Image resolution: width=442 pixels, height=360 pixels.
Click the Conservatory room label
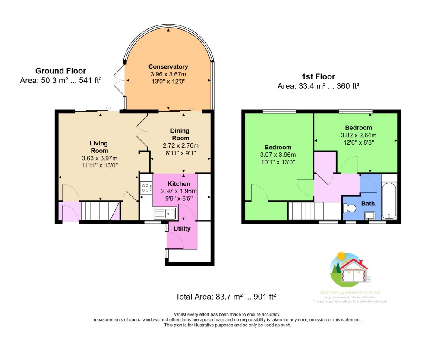[168, 66]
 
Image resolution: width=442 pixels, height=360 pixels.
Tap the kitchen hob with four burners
[146, 188]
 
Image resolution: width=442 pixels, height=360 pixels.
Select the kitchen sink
[164, 212]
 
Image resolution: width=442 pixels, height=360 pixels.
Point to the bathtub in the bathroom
[389, 200]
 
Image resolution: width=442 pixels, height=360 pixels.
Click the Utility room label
[182, 229]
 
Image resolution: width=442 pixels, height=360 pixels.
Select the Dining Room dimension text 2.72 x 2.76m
[180, 145]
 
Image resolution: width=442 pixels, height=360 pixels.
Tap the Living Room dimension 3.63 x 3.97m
[99, 158]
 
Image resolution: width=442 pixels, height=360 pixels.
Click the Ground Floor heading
[60, 71]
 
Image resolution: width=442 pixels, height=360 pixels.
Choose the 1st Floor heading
[318, 77]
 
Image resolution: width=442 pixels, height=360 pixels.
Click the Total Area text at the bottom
[225, 297]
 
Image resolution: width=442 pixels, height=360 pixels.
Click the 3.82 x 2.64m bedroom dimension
[358, 135]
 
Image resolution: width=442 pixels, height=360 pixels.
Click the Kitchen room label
[179, 184]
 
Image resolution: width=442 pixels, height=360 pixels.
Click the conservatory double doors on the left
[117, 80]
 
